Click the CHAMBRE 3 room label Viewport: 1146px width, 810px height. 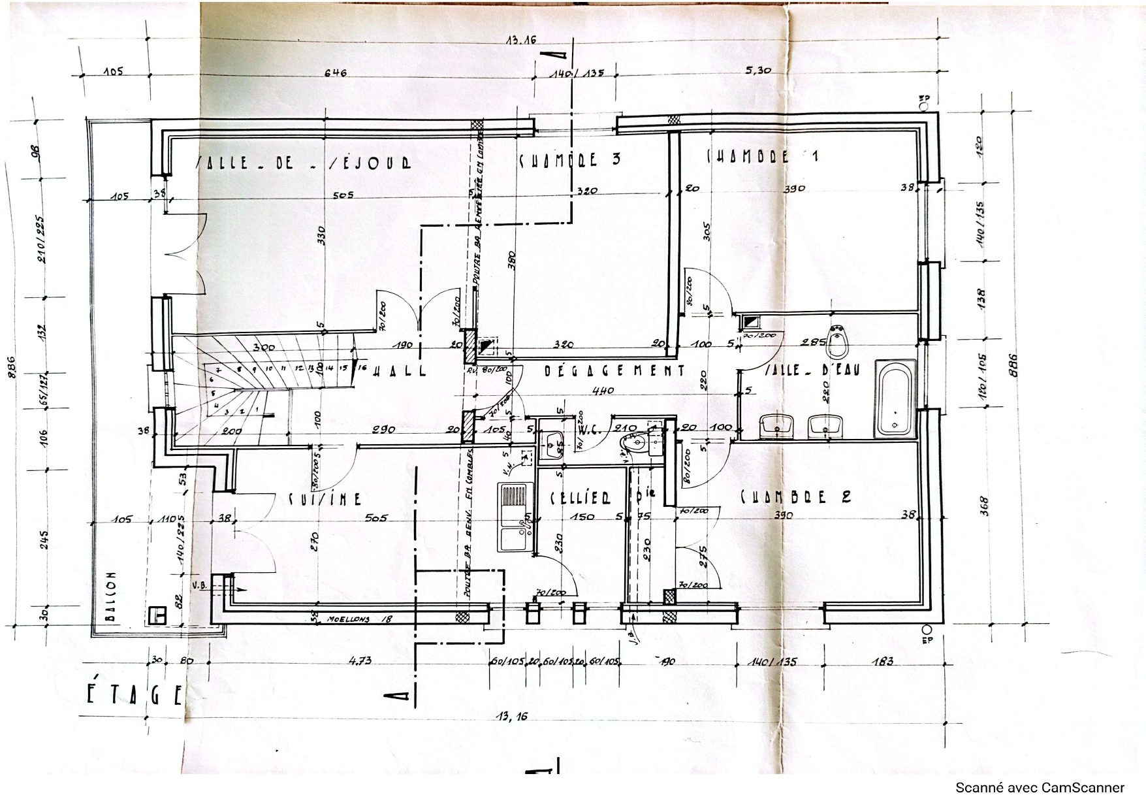pyautogui.click(x=569, y=159)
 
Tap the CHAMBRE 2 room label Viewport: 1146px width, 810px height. pyautogui.click(x=795, y=496)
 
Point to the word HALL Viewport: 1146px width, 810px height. pyautogui.click(x=400, y=371)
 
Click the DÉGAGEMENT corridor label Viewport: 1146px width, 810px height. pyautogui.click(x=614, y=371)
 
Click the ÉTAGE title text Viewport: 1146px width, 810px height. pyautogui.click(x=134, y=696)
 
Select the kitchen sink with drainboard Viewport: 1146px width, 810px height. pyautogui.click(x=516, y=517)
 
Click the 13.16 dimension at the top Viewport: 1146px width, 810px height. pyautogui.click(x=520, y=40)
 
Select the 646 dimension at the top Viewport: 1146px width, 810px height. pyautogui.click(x=335, y=73)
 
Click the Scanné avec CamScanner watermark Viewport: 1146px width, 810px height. pyautogui.click(x=1040, y=788)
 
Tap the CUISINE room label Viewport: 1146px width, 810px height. pyautogui.click(x=325, y=499)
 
